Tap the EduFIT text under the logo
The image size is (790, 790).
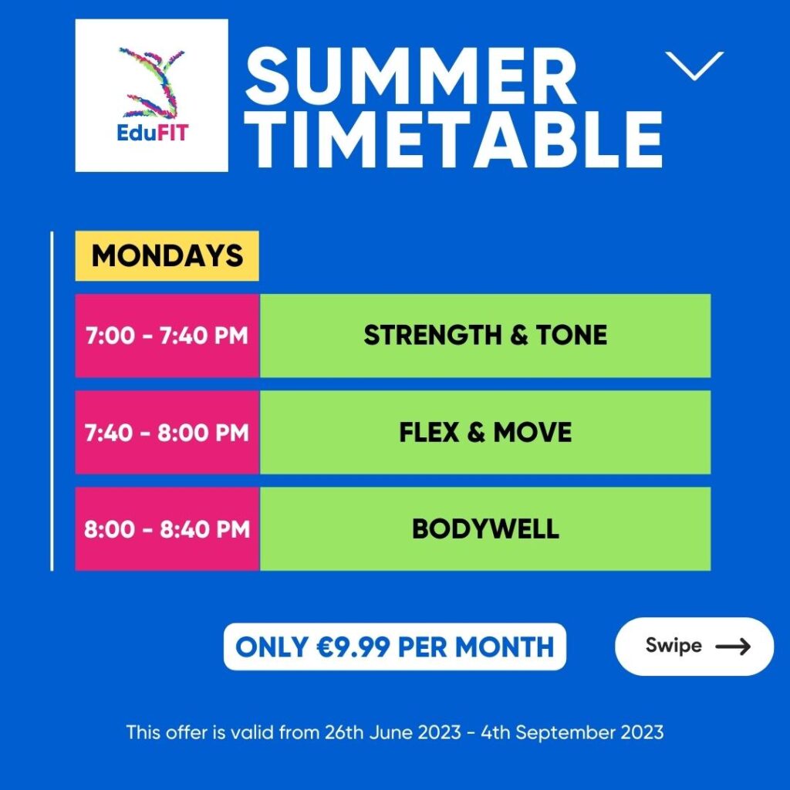tap(153, 133)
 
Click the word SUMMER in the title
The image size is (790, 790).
tap(410, 76)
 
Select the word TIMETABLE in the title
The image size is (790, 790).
tap(454, 139)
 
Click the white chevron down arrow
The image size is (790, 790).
tap(694, 66)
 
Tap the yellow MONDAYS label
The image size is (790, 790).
tap(167, 256)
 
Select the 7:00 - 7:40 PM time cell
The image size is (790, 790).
tap(167, 336)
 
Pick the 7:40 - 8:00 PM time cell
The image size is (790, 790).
tap(167, 432)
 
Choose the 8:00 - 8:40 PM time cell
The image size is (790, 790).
tap(167, 529)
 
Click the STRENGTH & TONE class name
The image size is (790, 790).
tap(485, 336)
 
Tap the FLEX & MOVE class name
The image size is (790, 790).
tap(485, 432)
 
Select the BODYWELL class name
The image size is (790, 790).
tap(485, 529)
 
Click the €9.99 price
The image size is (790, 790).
tap(353, 647)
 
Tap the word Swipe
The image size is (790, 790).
tap(674, 646)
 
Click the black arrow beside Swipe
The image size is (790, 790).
tap(733, 646)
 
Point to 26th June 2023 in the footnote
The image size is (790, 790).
tap(393, 732)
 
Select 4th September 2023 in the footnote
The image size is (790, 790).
tap(572, 733)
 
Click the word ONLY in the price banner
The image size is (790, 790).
tap(272, 647)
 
